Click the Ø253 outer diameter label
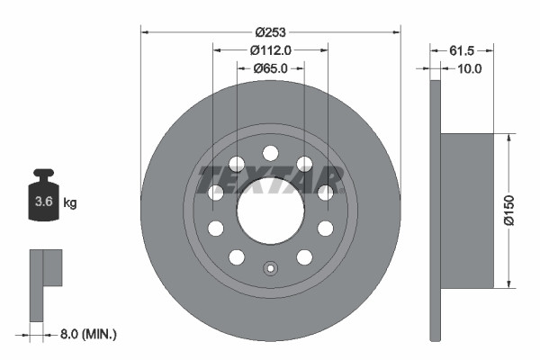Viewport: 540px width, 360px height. click(x=270, y=31)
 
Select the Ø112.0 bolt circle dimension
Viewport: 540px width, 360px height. click(x=270, y=49)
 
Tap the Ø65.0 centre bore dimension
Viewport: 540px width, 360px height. click(x=270, y=67)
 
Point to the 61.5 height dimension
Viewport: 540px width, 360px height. click(x=460, y=49)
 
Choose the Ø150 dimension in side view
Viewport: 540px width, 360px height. click(x=508, y=210)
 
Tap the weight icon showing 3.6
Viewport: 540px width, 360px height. click(x=43, y=197)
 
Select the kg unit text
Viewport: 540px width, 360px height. click(x=70, y=202)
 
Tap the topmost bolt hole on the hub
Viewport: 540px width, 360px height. click(x=270, y=152)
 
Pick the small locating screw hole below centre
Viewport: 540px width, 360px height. click(x=270, y=267)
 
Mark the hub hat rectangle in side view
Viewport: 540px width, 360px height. click(x=469, y=211)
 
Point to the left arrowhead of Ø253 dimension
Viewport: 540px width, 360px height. click(x=145, y=31)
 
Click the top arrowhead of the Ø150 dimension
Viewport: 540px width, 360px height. click(x=508, y=138)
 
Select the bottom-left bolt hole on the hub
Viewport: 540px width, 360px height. click(x=237, y=256)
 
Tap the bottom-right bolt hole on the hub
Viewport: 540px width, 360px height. click(x=304, y=256)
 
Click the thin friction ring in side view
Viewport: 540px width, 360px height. click(x=436, y=211)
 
